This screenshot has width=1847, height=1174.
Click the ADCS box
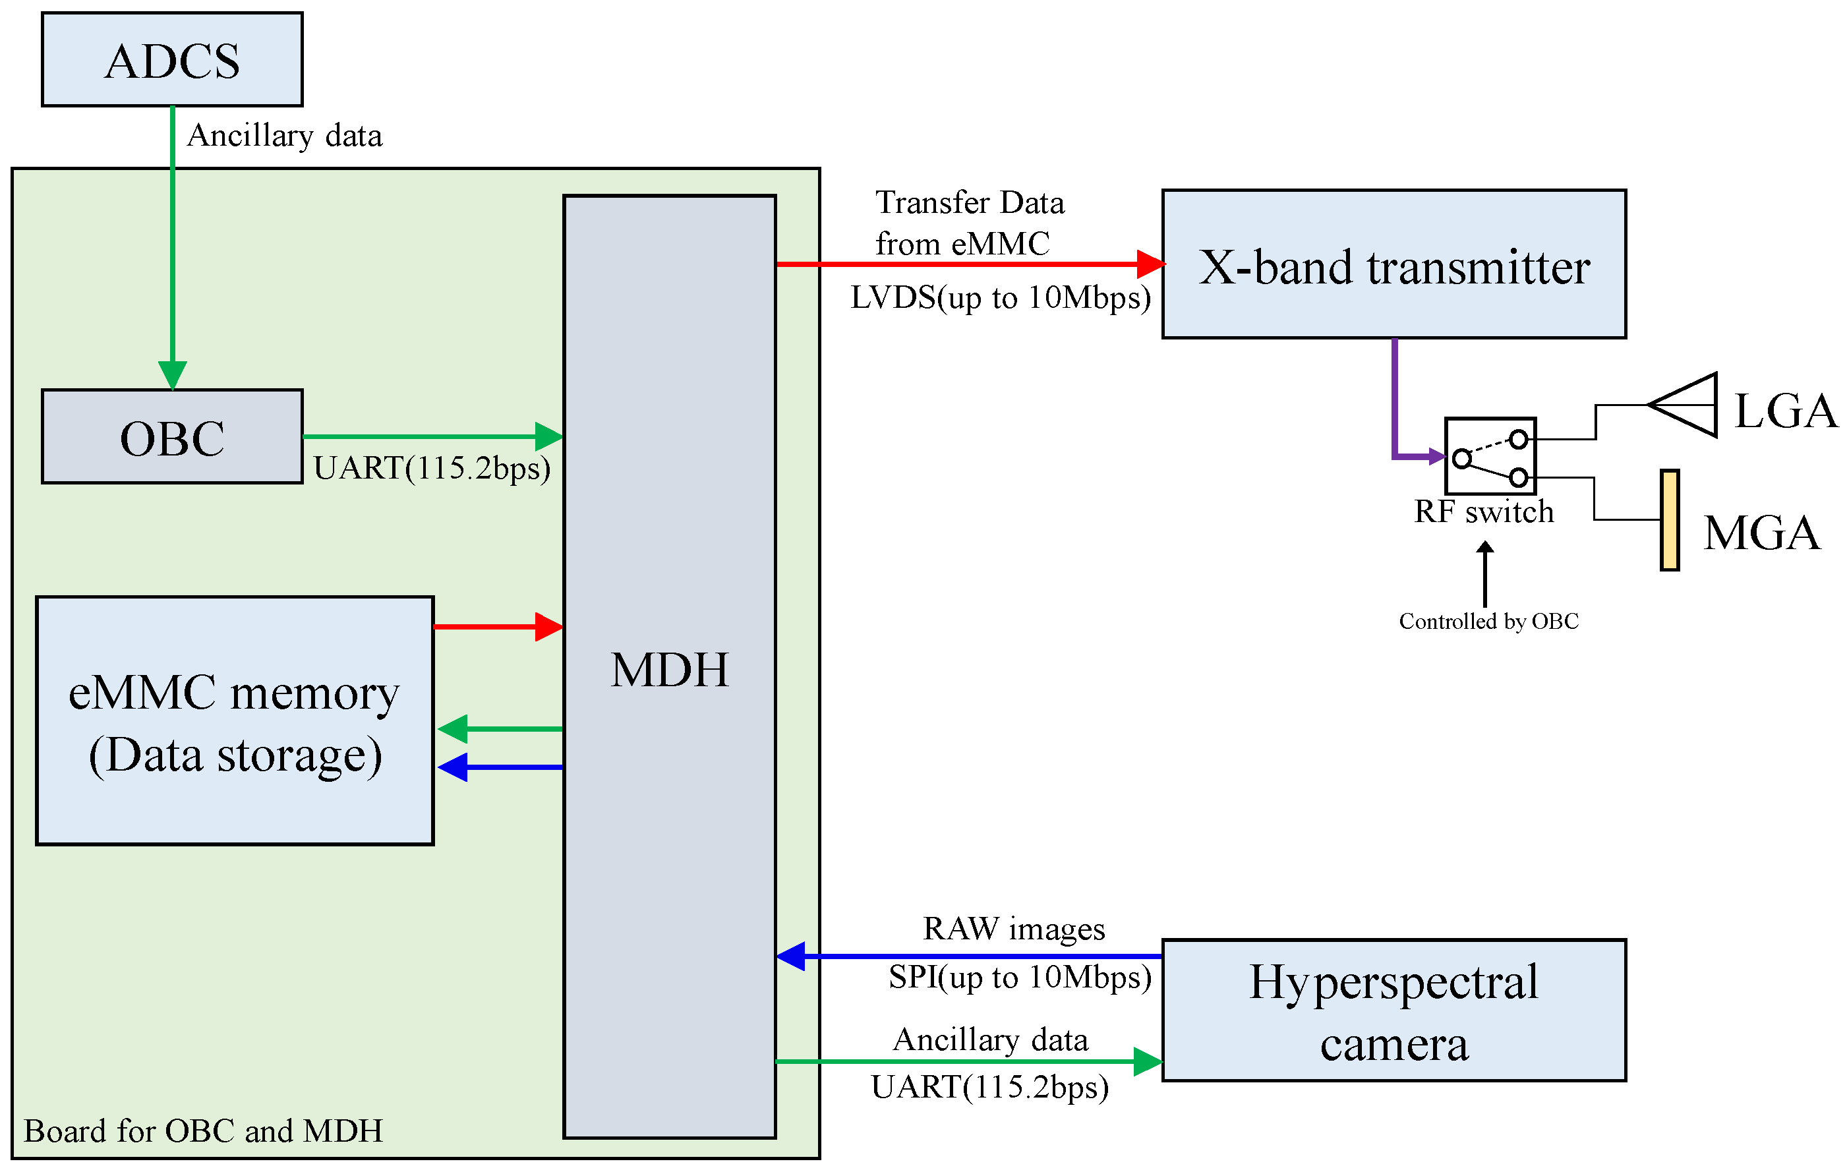[172, 60]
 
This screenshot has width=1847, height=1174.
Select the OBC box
[172, 437]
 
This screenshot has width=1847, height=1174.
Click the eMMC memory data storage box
[235, 720]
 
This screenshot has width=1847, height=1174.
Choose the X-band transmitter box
[1393, 264]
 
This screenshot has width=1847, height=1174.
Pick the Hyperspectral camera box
[1393, 1011]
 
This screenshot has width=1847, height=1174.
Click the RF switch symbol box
[1490, 456]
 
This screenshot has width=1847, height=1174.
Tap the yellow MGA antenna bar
[1670, 521]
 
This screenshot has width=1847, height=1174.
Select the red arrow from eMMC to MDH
[498, 626]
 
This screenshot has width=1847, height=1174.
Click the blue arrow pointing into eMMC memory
[498, 767]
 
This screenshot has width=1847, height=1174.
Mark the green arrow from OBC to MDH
[433, 436]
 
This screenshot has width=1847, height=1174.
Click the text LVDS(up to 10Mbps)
[1000, 297]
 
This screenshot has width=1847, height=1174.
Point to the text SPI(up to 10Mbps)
[1019, 978]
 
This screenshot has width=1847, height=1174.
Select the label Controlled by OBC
[1488, 621]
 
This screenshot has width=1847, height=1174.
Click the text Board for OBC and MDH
[202, 1131]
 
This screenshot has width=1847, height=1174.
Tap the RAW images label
[1013, 929]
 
